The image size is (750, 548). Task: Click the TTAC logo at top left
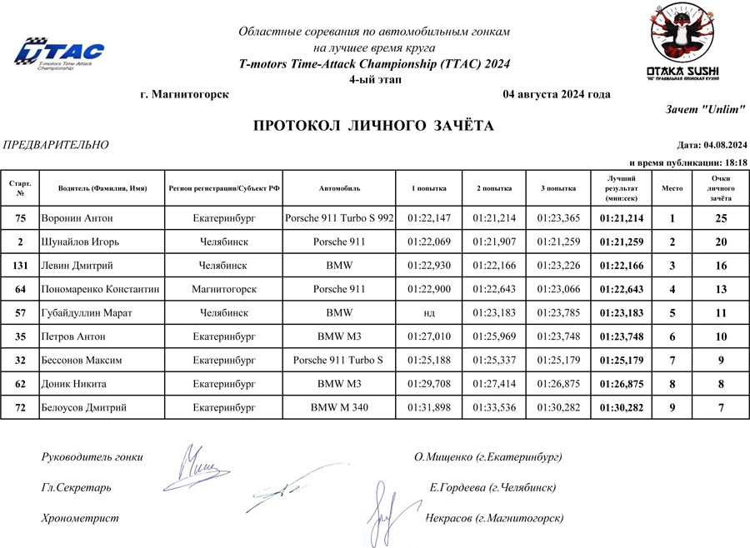coord(59,53)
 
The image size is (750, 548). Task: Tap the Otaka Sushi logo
coord(682,43)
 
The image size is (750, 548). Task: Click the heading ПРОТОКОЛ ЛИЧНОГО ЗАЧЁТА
coord(373,126)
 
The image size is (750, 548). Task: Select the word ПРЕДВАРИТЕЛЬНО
coord(57,145)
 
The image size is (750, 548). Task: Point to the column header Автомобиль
coord(339,189)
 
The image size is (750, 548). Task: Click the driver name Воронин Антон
coord(77,219)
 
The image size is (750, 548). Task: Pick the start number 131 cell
coord(20,266)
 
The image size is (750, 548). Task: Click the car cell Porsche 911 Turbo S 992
coord(339,219)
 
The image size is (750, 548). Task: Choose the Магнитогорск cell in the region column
coord(223,289)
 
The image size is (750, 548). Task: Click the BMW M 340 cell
coord(339,408)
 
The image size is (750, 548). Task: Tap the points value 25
coord(721,219)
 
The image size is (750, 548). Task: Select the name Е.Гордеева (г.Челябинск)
coord(492,487)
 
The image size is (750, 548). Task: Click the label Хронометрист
coord(80,518)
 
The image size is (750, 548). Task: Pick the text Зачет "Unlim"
coord(706,109)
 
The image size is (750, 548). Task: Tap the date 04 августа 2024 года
coord(557,94)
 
